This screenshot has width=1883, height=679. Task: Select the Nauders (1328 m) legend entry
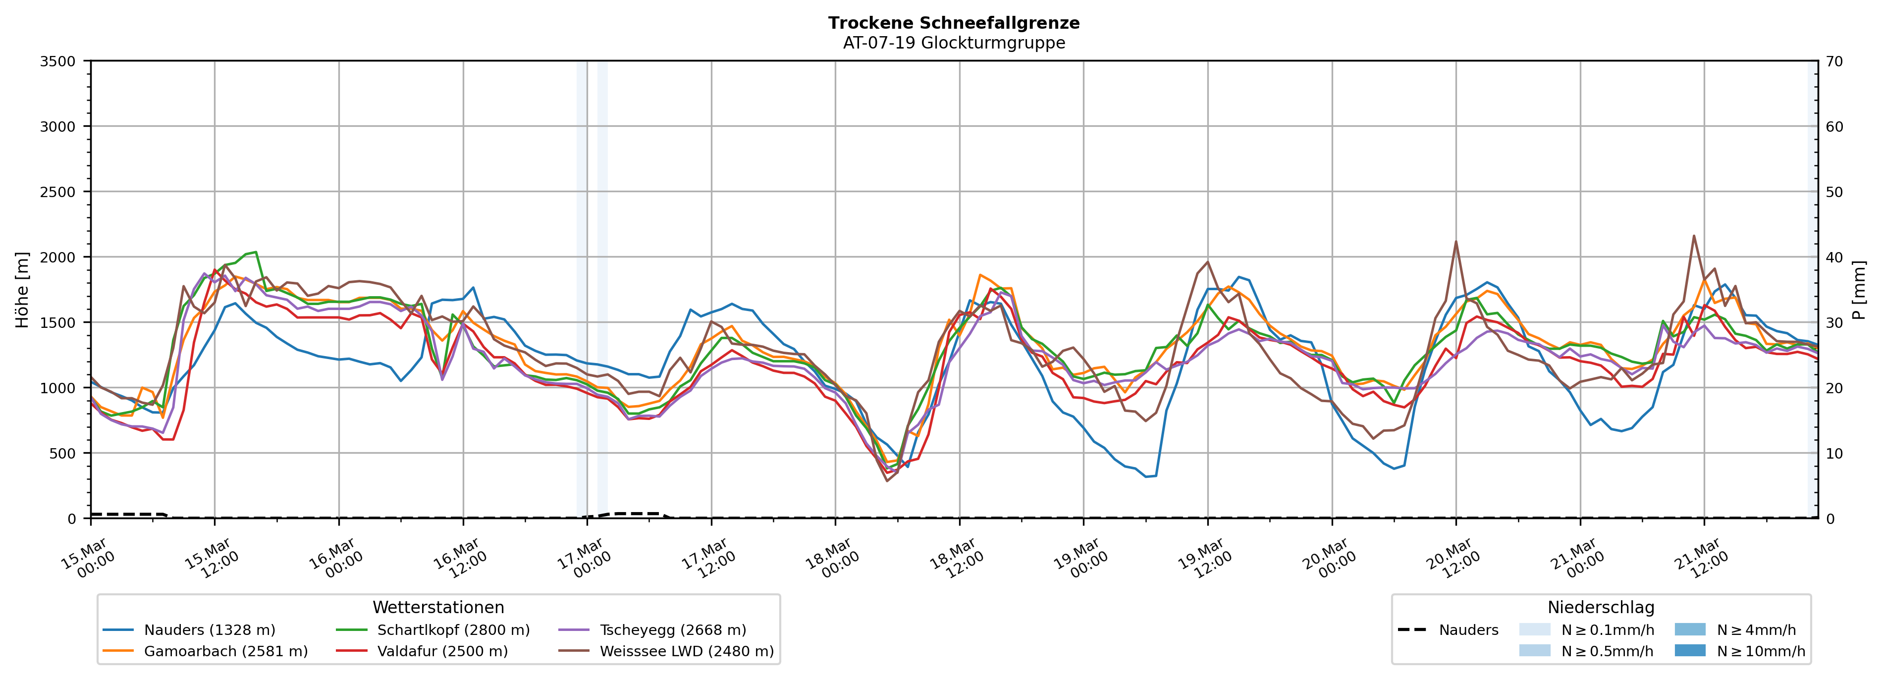(209, 630)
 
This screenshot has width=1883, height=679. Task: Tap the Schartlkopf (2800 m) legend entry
(453, 630)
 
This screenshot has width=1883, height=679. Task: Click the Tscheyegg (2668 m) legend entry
(673, 630)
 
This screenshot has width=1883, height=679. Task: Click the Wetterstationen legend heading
(438, 607)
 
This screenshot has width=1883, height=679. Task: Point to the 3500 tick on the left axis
(58, 61)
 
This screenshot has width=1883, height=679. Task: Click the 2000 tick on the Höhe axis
(58, 257)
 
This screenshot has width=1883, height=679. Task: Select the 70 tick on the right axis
(1833, 61)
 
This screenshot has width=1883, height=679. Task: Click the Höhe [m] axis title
(22, 289)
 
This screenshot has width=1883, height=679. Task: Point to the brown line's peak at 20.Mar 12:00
(1455, 241)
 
